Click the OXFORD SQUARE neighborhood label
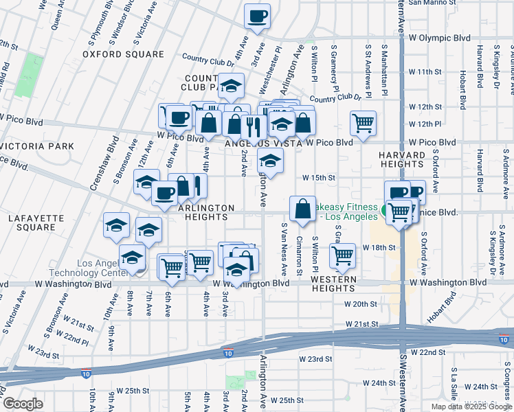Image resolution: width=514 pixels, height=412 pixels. (123, 54)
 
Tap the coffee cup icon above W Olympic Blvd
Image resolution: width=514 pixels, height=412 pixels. (258, 16)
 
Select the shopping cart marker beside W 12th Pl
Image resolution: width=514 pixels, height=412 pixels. (363, 124)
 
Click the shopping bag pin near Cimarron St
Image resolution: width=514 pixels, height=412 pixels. (302, 208)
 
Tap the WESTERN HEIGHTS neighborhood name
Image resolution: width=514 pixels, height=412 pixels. (333, 279)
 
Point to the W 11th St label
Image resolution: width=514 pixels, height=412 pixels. (424, 71)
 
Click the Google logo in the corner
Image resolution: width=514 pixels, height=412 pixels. (23, 404)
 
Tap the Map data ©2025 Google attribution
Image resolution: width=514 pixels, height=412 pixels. (471, 407)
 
